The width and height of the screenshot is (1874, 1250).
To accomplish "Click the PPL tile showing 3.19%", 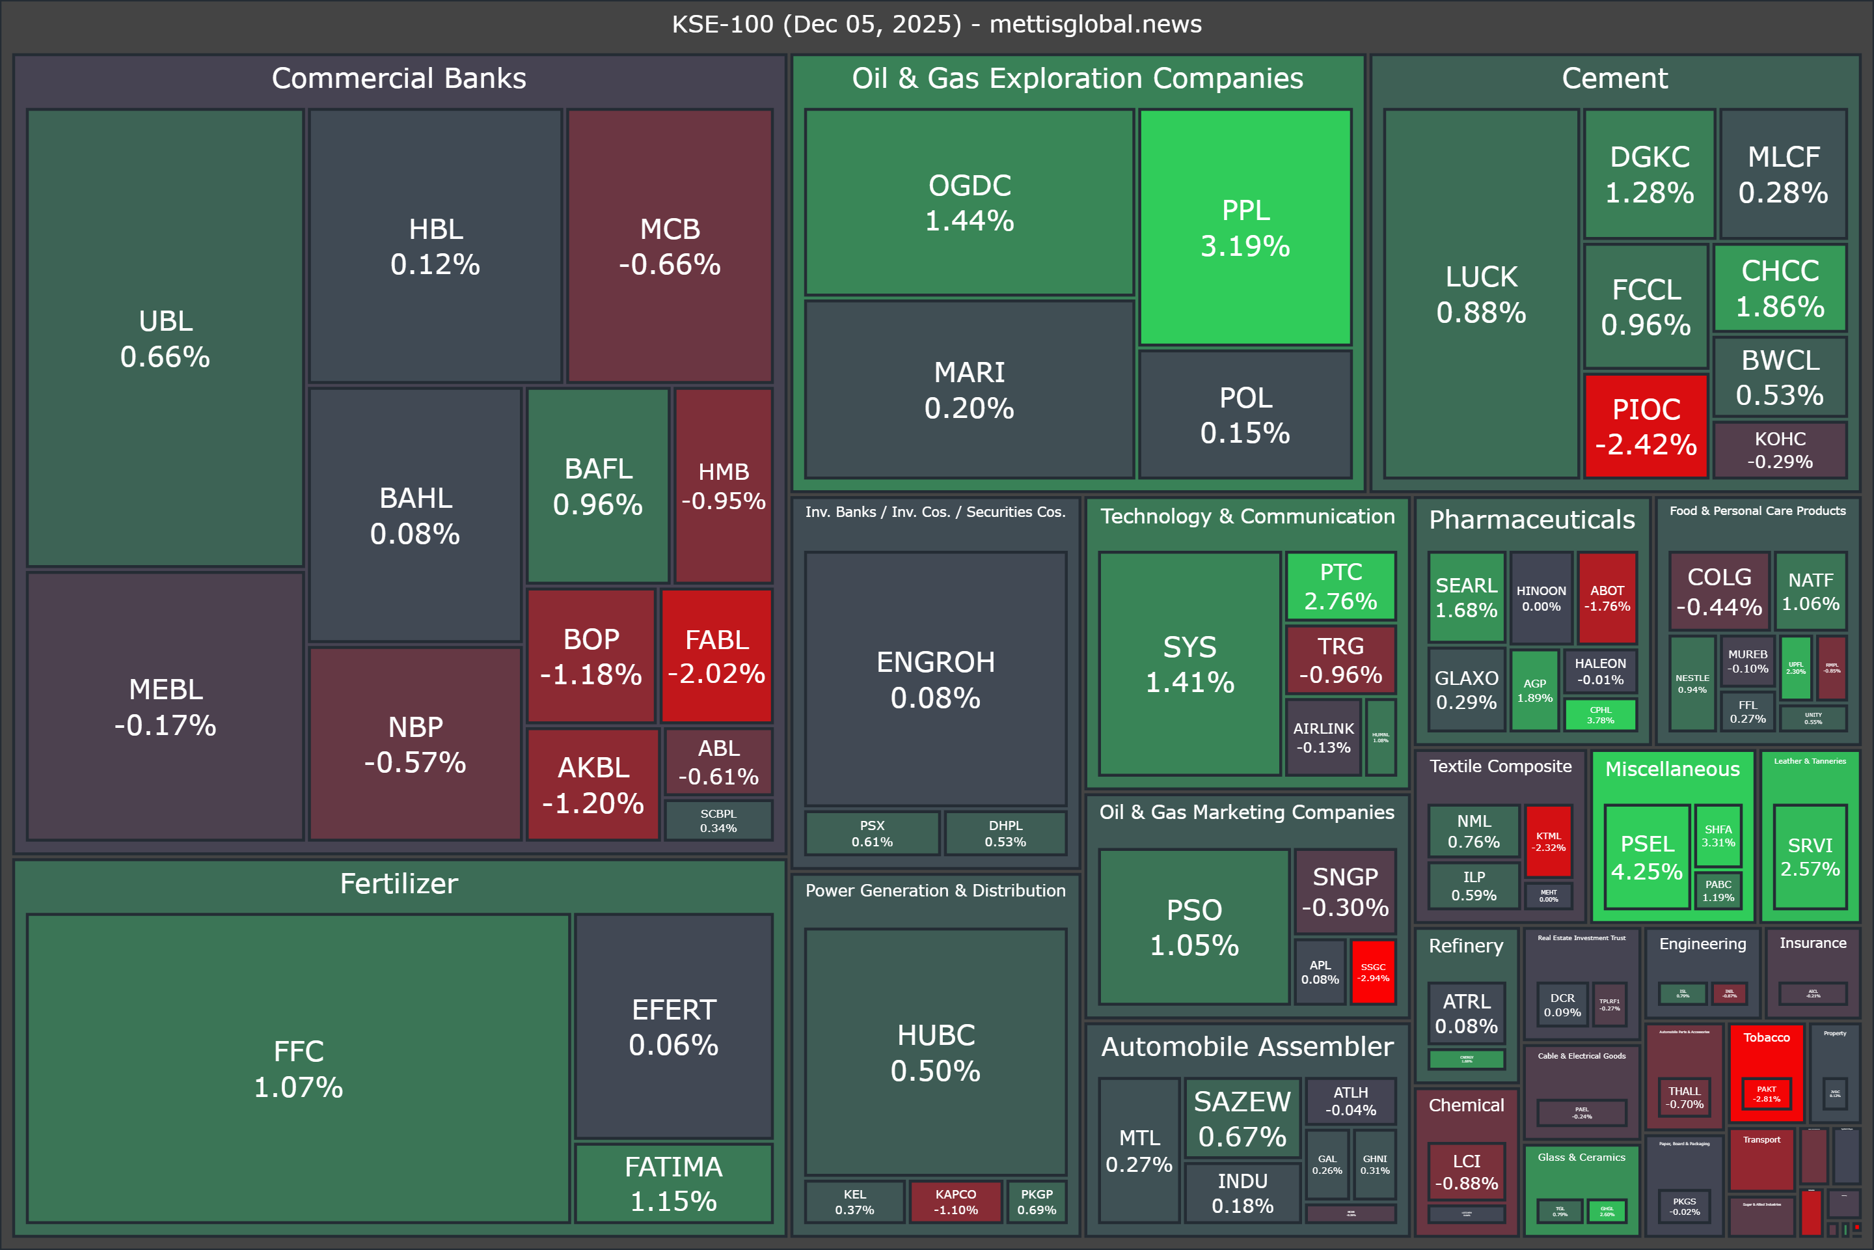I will click(1245, 227).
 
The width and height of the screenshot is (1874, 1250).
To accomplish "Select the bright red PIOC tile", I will click(1646, 426).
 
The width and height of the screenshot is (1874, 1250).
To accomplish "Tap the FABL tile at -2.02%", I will click(716, 656).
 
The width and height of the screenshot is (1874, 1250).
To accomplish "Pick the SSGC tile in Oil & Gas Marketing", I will click(1373, 972).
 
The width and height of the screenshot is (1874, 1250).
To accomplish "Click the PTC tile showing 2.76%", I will click(1340, 586).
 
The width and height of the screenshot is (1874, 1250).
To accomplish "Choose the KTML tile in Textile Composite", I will click(1548, 841).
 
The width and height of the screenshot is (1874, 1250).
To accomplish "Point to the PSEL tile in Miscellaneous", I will click(1646, 857).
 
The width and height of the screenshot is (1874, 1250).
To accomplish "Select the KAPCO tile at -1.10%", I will click(955, 1201).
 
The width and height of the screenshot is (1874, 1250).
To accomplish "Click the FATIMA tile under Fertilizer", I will click(673, 1183).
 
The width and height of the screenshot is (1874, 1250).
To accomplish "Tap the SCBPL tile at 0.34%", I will click(718, 820).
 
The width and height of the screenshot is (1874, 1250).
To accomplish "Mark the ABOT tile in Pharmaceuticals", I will click(1607, 598).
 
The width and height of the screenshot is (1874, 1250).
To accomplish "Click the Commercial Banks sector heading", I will click(398, 78).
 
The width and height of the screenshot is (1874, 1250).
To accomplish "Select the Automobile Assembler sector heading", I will click(1247, 1046).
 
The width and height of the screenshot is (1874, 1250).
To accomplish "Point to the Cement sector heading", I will click(1614, 78).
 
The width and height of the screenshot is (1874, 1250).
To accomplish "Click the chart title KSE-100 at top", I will click(936, 24).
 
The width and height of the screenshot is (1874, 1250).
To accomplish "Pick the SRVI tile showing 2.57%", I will click(1810, 857).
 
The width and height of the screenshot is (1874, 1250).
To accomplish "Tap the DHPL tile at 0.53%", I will click(1005, 833).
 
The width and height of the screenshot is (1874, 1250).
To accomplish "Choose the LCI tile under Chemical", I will click(1466, 1172).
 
